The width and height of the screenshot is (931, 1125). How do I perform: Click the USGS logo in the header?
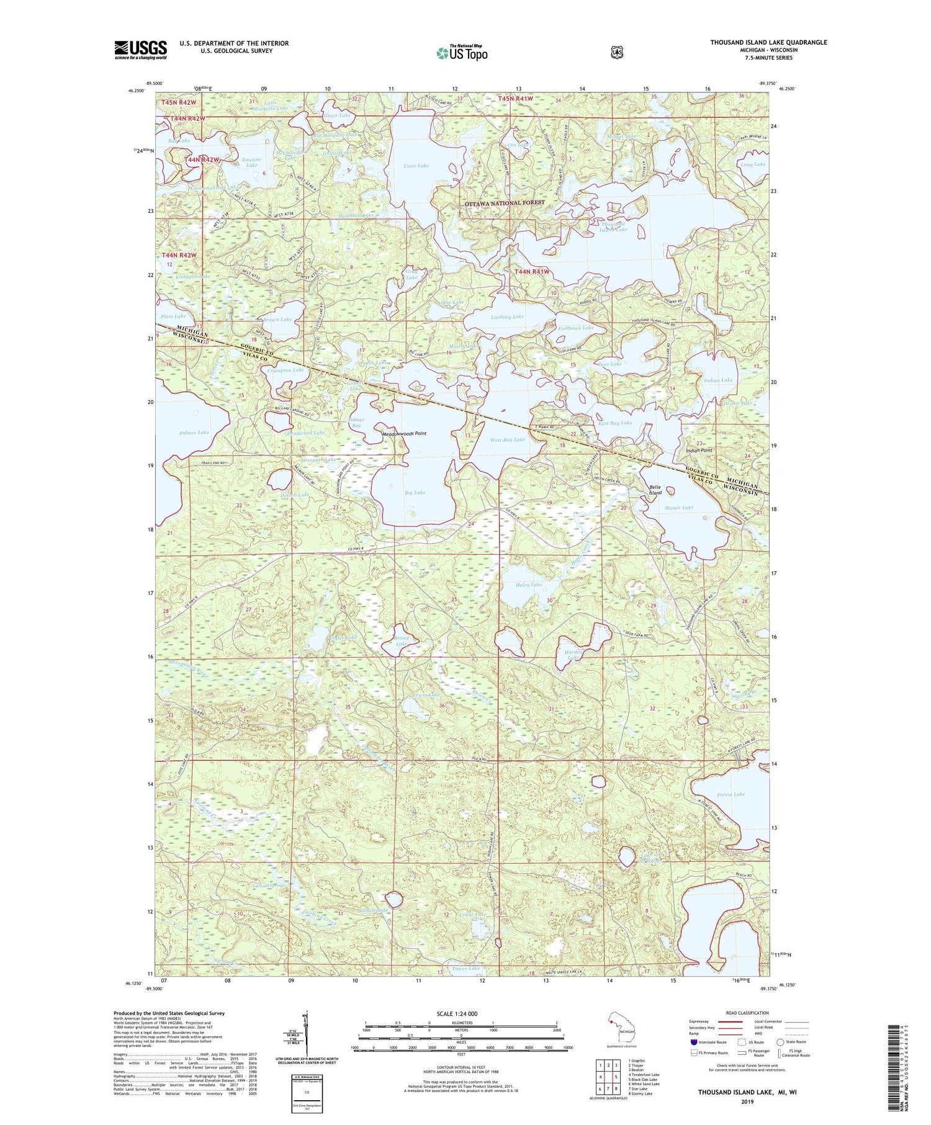coord(140,50)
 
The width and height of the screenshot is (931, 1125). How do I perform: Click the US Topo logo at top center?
coord(462,53)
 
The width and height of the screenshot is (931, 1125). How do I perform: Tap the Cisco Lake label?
coord(416,166)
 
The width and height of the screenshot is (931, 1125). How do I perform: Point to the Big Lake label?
coord(415,493)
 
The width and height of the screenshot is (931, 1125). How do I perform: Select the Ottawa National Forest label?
coord(505,203)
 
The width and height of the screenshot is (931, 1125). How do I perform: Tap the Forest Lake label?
coord(731,794)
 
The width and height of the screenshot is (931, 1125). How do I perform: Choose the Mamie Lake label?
coord(678,508)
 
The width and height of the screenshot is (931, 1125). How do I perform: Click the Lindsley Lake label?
coord(507,316)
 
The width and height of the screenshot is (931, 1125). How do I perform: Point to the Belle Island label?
coord(655,490)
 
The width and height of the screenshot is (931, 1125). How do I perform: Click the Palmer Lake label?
coord(194,433)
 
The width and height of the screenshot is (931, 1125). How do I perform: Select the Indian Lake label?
coord(718,380)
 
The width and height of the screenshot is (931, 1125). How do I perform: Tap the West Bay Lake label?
coord(507,439)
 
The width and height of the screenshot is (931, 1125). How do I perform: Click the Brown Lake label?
coord(277,320)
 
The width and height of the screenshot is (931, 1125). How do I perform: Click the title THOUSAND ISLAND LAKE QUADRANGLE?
coord(768,42)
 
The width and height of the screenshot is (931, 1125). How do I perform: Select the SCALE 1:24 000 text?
coord(461,1014)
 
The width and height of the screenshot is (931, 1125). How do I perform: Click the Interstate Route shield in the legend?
coord(693,1042)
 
